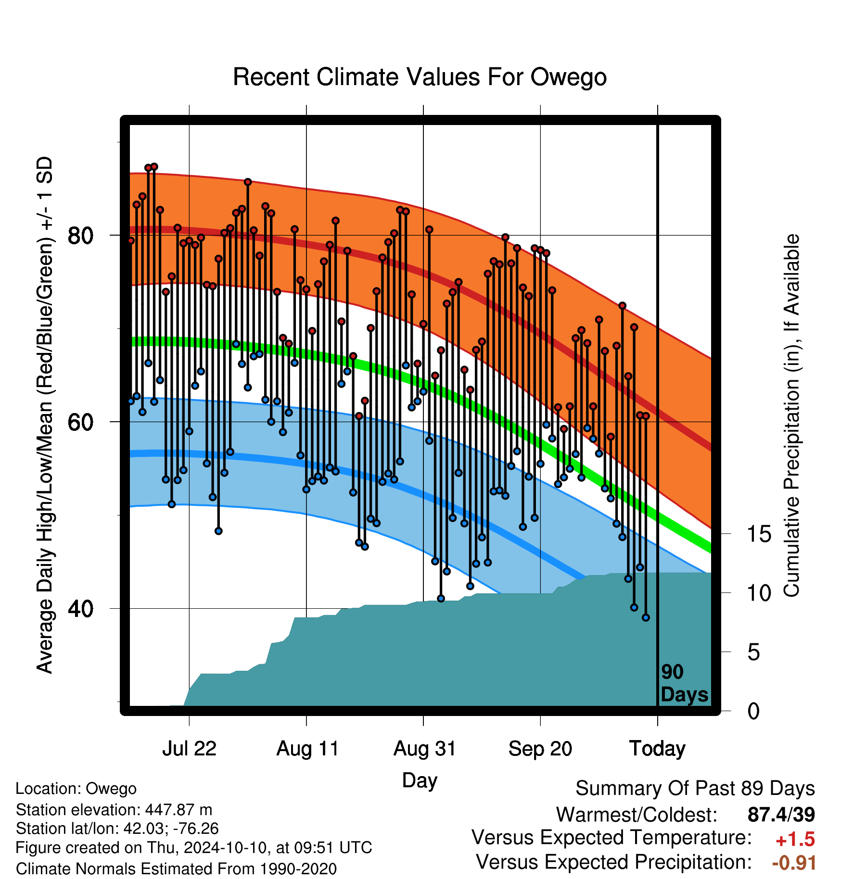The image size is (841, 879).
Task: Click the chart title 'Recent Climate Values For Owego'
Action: click(x=420, y=77)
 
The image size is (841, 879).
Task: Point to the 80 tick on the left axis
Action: click(x=81, y=236)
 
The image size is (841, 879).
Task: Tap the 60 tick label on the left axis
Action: click(x=81, y=422)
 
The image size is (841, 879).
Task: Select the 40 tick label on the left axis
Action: click(x=81, y=609)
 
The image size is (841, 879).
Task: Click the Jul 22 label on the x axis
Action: click(x=189, y=749)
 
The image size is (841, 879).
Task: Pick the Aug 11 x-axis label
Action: click(x=307, y=749)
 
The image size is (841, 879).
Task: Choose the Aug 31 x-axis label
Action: click(x=424, y=749)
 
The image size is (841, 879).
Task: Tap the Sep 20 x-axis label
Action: click(x=540, y=749)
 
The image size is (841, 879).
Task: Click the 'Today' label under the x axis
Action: click(x=657, y=749)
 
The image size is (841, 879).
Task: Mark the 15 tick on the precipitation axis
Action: click(x=759, y=534)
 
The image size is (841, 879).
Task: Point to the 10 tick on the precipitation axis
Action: click(x=759, y=593)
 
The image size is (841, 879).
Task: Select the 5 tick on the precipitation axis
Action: click(x=753, y=653)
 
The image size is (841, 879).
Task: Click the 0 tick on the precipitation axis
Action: click(x=753, y=711)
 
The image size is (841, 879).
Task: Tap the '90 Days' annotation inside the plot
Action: click(x=684, y=683)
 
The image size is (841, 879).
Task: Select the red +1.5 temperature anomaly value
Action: click(x=795, y=840)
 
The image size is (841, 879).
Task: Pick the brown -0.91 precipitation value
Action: click(x=794, y=863)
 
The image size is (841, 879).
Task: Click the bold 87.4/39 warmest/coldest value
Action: click(x=781, y=815)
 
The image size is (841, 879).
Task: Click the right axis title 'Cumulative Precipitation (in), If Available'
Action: click(x=792, y=416)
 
